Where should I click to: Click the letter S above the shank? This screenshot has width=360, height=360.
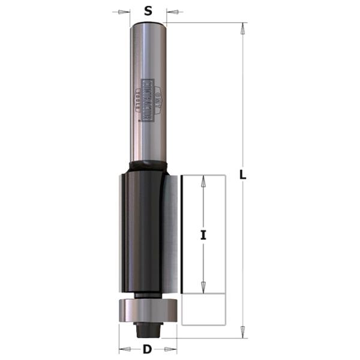coord(148,10)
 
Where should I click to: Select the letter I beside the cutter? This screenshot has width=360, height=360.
coord(203,236)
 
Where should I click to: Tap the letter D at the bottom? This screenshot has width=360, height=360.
coord(147,349)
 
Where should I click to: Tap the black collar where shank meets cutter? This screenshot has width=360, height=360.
coord(147,166)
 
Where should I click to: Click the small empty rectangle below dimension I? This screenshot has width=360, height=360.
coord(203,309)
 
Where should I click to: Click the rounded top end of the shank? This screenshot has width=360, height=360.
coord(148,24)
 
